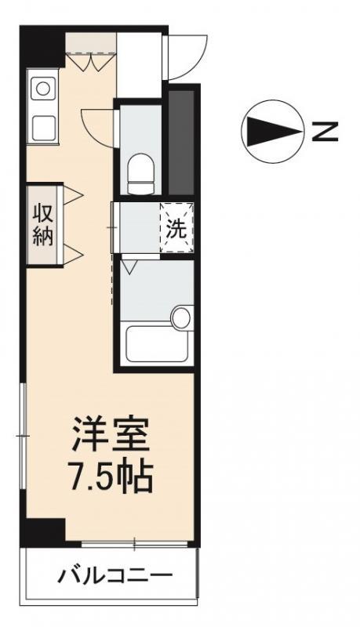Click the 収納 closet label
click(42, 224)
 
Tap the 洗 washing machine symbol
click(176, 227)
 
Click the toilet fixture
click(141, 173)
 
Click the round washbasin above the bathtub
click(181, 317)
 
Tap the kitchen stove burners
click(40, 89)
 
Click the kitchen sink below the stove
click(41, 124)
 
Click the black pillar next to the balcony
click(42, 533)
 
